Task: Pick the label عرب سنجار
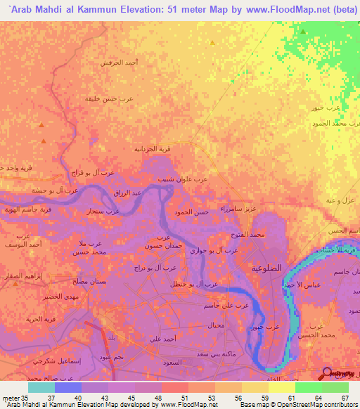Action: (x=103, y=211)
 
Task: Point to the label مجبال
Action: (x=217, y=325)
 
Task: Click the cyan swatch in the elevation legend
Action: (x=41, y=387)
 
